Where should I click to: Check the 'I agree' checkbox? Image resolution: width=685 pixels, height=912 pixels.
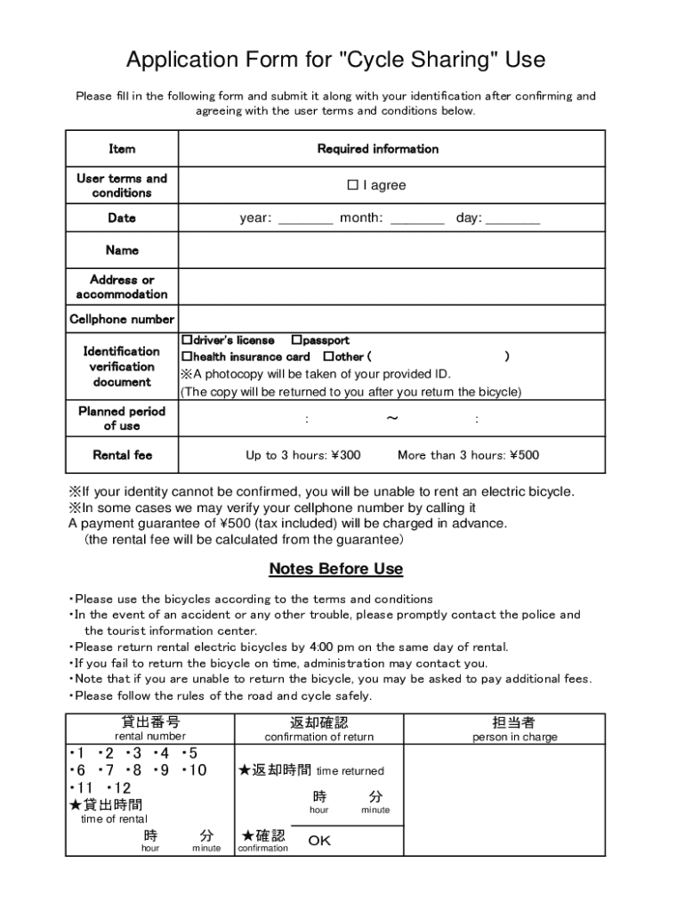[x=352, y=185]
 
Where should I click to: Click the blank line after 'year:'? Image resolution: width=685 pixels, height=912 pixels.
[x=305, y=220]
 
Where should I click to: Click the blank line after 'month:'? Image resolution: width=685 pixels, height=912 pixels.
[x=416, y=220]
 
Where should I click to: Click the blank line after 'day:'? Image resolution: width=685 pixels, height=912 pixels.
[x=512, y=220]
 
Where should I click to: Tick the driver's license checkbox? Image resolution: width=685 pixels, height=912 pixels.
[x=188, y=340]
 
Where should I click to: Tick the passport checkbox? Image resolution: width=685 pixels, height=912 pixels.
[x=296, y=340]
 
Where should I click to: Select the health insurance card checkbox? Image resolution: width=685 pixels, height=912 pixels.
[x=188, y=356]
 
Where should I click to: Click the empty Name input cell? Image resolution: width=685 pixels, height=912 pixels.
[x=391, y=251]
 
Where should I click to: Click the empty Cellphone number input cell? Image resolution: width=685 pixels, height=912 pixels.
[x=391, y=319]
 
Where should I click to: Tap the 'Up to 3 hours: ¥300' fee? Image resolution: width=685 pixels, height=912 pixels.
[x=303, y=455]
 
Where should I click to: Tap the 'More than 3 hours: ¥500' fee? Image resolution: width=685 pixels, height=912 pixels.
[x=468, y=455]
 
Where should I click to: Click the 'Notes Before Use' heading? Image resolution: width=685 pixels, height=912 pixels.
[x=336, y=569]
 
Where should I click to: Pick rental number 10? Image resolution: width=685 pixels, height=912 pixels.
[x=196, y=770]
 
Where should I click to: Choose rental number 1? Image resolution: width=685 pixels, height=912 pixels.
[x=78, y=753]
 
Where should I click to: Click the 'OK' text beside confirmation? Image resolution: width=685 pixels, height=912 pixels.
[x=319, y=841]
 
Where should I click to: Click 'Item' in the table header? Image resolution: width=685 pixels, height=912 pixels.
[x=122, y=149]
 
